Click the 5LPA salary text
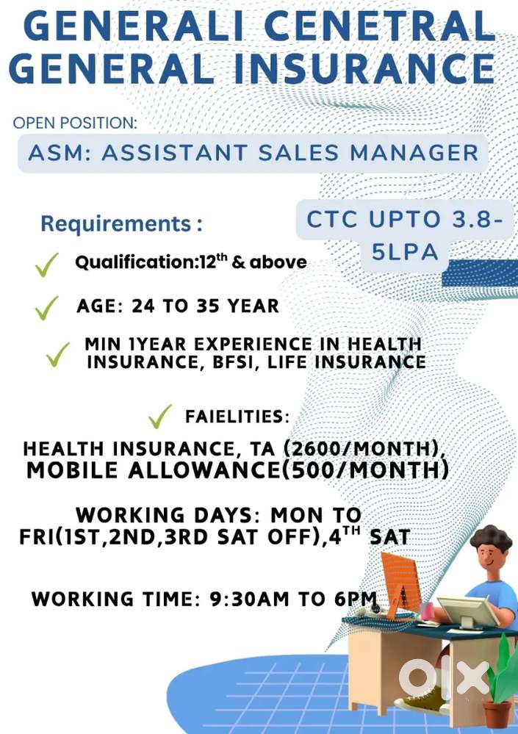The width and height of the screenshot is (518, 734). point(404,252)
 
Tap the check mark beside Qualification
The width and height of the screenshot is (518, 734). point(47,266)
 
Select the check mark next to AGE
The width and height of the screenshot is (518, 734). point(47,309)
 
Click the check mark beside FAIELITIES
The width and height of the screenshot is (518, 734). point(160,417)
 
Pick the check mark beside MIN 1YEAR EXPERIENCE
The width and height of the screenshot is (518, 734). point(58,354)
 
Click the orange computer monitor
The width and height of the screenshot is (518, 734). point(402,583)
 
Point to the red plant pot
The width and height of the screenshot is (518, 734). point(497,715)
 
